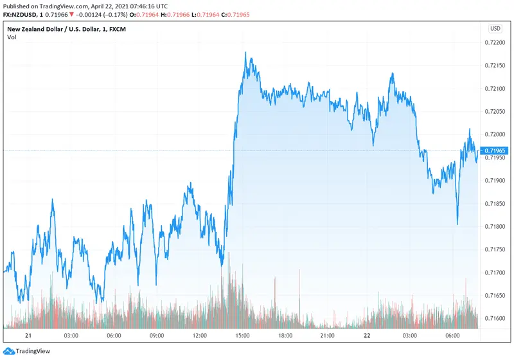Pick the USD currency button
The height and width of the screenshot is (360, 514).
click(495, 28)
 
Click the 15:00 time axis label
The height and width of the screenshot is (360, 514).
click(242, 336)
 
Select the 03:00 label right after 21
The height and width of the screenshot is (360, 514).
click(71, 336)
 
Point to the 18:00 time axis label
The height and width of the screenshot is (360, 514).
click(285, 336)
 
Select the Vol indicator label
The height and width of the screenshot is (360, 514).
click(12, 37)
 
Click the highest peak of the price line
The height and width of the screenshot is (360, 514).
click(245, 53)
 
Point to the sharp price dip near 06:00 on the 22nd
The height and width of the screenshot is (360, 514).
click(457, 224)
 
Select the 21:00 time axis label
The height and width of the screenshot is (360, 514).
click(328, 336)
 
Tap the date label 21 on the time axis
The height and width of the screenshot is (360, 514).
click(28, 336)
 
